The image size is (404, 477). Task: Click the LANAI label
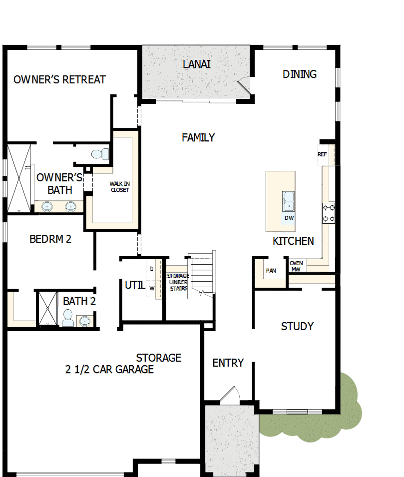click(196, 64)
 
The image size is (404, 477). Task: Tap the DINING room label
click(300, 74)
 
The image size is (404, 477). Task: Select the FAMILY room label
click(198, 137)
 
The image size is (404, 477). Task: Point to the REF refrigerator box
click(323, 154)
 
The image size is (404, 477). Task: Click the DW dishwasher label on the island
click(289, 218)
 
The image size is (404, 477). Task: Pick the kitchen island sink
click(289, 201)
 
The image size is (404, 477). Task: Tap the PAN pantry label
click(271, 271)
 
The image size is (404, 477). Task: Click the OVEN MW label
click(296, 266)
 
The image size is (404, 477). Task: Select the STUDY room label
click(297, 327)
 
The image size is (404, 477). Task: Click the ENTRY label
click(228, 363)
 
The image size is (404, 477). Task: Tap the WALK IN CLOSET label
click(119, 187)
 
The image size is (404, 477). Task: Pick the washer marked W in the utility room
click(151, 288)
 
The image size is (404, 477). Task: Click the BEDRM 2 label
click(50, 239)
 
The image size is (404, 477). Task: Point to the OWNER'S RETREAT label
click(59, 80)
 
